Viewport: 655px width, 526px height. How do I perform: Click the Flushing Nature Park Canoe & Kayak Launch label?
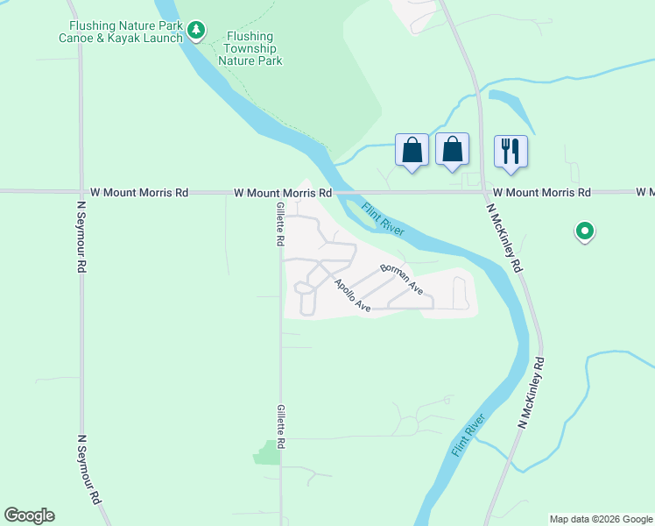(126, 32)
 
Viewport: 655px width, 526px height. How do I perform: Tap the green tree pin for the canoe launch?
(198, 32)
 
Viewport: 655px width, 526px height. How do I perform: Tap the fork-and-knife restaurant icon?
(511, 151)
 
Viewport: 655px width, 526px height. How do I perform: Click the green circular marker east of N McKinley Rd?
(584, 232)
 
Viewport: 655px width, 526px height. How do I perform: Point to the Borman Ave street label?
(402, 278)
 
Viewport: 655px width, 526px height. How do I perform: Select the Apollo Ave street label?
(352, 295)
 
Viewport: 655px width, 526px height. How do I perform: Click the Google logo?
(29, 515)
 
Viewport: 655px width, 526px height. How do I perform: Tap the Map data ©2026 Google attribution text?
(600, 519)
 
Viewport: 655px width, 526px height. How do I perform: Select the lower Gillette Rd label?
(281, 428)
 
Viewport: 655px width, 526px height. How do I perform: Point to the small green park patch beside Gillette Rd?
(266, 452)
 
